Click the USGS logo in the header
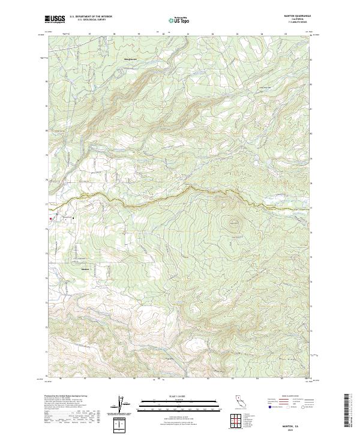(55, 19)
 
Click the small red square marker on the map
(50, 218)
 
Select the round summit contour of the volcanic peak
(230, 225)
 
